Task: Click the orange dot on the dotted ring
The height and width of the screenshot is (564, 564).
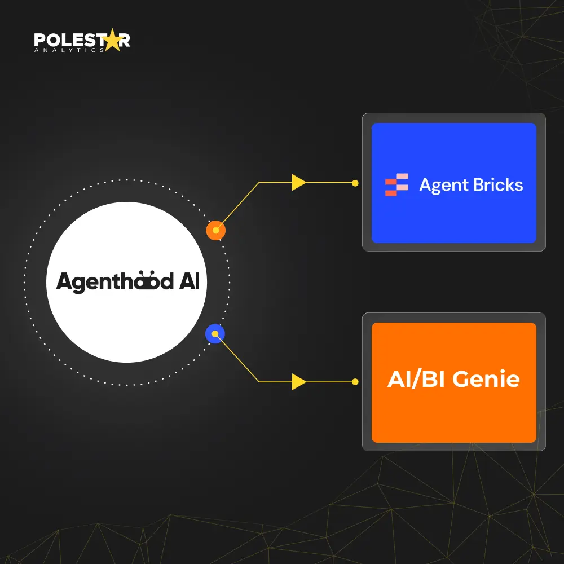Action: point(215,230)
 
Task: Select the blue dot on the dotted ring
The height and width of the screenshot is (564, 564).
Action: point(215,334)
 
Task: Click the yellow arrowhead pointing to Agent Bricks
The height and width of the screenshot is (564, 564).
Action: point(298,182)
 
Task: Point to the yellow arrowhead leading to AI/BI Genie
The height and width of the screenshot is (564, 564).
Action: point(298,382)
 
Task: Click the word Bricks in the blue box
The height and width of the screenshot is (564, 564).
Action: point(498,184)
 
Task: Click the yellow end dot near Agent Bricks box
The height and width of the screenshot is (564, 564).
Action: point(355,183)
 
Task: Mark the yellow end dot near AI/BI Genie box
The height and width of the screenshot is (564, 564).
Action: point(355,382)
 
